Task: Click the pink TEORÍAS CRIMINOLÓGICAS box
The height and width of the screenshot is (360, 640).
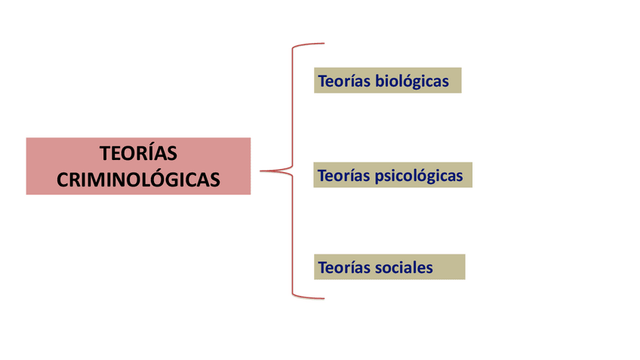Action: point(138,166)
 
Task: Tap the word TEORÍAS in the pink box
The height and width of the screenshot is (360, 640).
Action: point(138,153)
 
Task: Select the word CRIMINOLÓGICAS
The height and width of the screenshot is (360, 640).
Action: point(138,179)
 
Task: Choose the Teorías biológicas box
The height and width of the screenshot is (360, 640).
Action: point(387,81)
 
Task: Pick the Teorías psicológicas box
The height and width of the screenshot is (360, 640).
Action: point(392,176)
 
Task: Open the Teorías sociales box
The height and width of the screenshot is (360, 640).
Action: point(389,267)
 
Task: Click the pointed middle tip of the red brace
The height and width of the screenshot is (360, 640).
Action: point(261,171)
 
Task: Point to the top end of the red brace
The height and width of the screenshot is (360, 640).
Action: point(323,44)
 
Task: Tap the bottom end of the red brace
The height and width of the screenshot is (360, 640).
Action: point(323,298)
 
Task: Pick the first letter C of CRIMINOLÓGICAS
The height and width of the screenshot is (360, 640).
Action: point(63,180)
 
